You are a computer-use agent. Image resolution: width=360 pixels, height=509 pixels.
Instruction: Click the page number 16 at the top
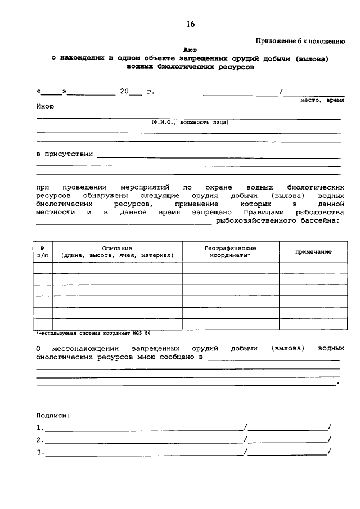tap(191, 24)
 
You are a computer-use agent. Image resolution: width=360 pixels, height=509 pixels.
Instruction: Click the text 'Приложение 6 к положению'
tap(300, 40)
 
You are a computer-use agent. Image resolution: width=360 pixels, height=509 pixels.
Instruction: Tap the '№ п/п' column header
tap(43, 251)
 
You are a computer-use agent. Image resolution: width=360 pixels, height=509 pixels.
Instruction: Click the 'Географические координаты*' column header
tap(230, 251)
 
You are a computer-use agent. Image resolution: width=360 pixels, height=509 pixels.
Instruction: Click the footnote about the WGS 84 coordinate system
tap(93, 334)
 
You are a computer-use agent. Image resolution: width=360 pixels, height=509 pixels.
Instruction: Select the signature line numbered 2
tap(145, 440)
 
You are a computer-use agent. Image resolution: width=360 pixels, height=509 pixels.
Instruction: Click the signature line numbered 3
tap(145, 453)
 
